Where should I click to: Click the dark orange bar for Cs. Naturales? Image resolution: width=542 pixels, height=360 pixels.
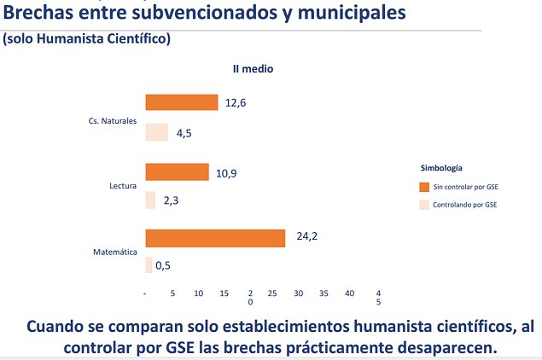[x=182, y=102]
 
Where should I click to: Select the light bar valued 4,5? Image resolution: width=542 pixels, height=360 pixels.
[x=157, y=132]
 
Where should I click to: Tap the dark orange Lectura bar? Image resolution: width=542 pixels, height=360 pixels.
[x=177, y=172]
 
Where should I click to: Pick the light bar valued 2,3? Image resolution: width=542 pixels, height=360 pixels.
[x=150, y=200]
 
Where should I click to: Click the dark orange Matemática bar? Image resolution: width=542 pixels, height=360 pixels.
[x=215, y=238]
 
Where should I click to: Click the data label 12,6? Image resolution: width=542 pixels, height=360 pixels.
[x=236, y=103]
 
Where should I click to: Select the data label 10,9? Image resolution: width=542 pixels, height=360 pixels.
[x=226, y=172]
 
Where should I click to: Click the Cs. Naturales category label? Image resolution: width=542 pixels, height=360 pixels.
[x=113, y=121]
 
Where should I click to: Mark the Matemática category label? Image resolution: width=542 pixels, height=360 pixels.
[x=115, y=252]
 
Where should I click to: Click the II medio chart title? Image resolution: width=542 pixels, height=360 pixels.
[x=253, y=68]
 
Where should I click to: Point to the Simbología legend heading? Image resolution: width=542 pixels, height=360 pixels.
[x=441, y=168]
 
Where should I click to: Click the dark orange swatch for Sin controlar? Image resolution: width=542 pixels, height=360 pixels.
[x=424, y=186]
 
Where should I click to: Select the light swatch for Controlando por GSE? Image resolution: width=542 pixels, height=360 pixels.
[x=424, y=205]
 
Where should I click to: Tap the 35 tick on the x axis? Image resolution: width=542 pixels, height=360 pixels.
[x=324, y=293]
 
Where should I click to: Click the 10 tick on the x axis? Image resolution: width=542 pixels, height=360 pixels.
[x=198, y=293]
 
